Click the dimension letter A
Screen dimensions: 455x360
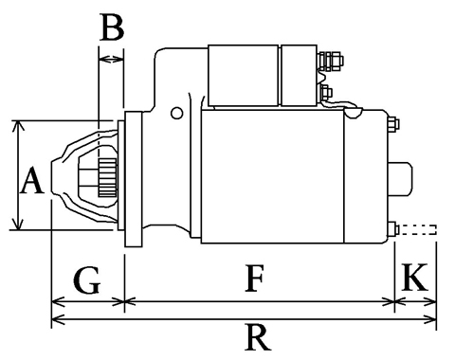[x=31, y=180]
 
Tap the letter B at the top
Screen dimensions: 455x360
[x=112, y=27]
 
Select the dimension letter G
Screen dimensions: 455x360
[x=87, y=280]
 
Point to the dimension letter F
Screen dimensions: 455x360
[x=255, y=279]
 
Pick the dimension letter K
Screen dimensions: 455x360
[x=414, y=277]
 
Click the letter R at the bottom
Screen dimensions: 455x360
[x=258, y=338]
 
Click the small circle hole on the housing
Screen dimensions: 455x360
[x=176, y=113]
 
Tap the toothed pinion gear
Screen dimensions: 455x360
[x=107, y=177]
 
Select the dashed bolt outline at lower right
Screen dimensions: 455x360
[x=418, y=230]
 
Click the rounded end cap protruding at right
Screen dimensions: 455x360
[x=400, y=179]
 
